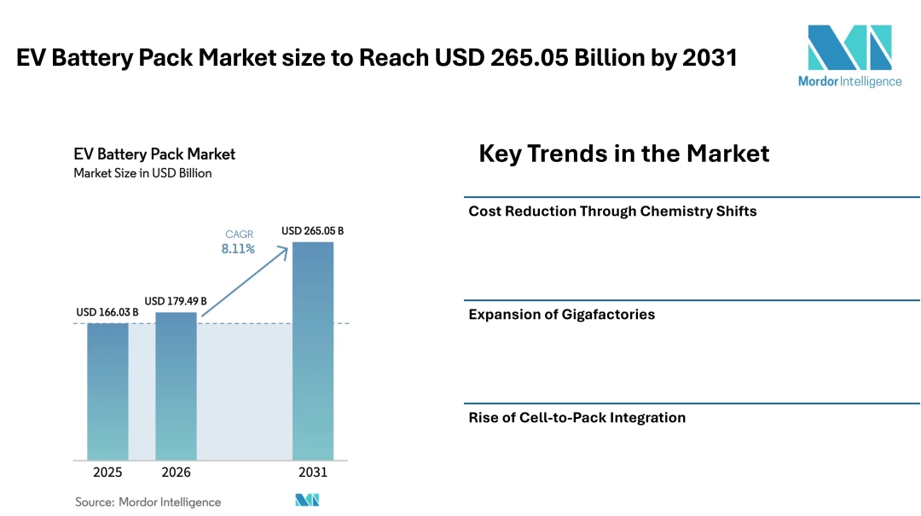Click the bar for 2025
pos(107,391)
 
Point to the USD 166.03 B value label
pos(107,312)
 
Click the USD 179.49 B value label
pos(176,301)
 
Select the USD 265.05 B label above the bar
pos(313,231)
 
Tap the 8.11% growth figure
pos(239,249)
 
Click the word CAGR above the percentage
pos(239,234)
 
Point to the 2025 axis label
pos(107,473)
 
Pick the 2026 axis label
pos(176,473)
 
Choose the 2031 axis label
pos(313,473)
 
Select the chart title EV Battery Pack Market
pos(154,154)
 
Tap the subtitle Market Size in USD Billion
pos(142,173)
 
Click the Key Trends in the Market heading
pos(624,154)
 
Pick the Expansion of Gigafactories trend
pos(562,315)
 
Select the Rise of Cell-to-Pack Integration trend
pos(577,418)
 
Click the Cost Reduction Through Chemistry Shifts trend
pos(612,212)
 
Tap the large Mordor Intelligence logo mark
pos(849,48)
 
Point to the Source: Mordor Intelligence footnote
pos(148,502)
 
